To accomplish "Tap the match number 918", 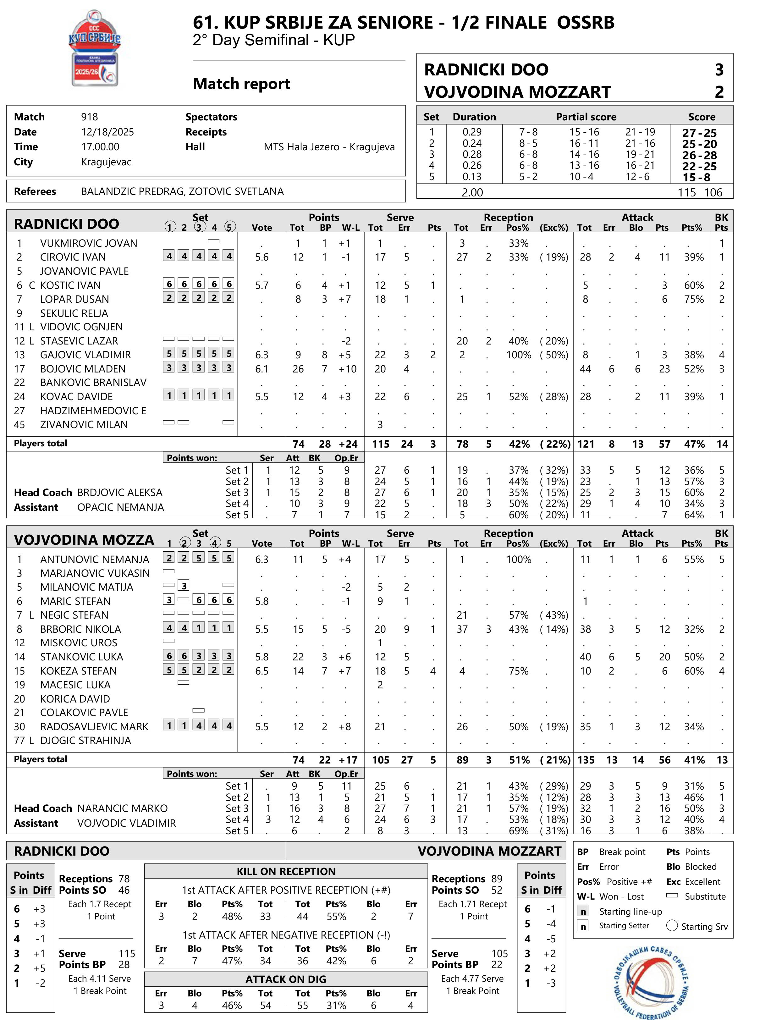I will (89, 117).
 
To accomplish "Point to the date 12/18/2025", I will (107, 132).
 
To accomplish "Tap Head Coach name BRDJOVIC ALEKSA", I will (120, 493).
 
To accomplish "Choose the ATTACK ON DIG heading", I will (286, 979).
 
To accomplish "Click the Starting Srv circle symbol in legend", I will (672, 925).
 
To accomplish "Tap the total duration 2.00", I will (472, 192).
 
